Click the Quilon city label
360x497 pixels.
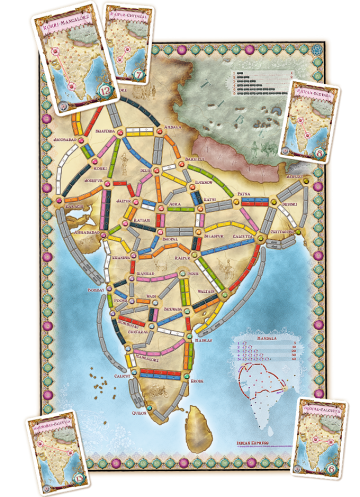[139, 408]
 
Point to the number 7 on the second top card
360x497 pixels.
[138, 77]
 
